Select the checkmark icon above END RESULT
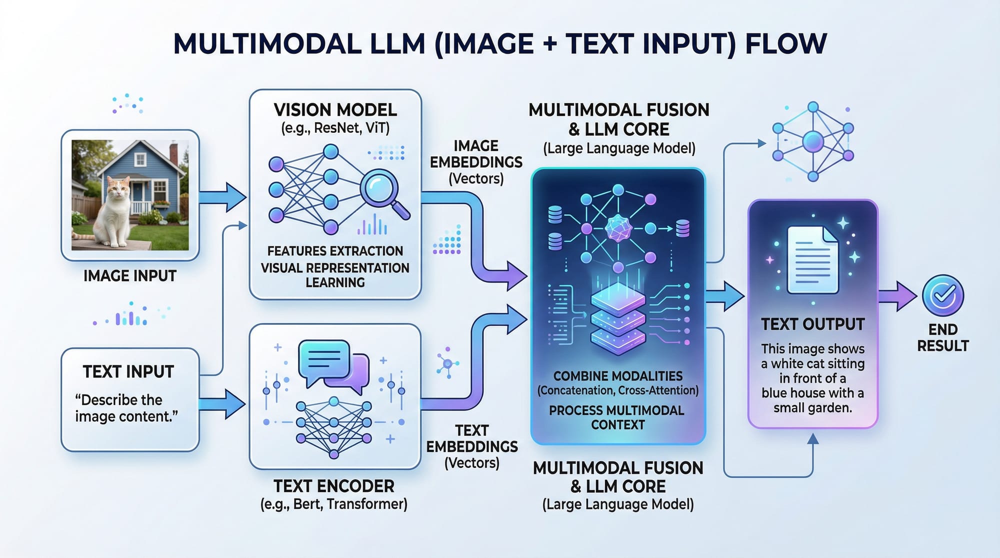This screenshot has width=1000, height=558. click(x=943, y=295)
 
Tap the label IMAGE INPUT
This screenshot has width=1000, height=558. click(x=130, y=276)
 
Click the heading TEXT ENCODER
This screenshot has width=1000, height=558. click(x=334, y=486)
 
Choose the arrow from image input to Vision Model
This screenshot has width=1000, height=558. click(x=222, y=197)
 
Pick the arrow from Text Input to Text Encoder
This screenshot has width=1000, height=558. click(x=222, y=404)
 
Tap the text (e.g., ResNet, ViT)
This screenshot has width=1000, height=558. click(x=335, y=128)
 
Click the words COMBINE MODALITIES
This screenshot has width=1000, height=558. click(x=618, y=376)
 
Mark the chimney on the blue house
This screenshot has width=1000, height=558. click(x=173, y=152)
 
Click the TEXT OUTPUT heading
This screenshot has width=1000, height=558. click(x=812, y=324)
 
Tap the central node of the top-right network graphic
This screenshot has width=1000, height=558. click(x=812, y=142)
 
